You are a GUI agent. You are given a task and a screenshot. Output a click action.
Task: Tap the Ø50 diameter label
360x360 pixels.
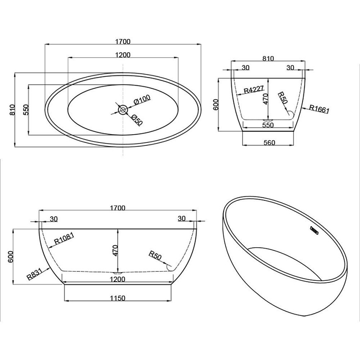(x=137, y=119)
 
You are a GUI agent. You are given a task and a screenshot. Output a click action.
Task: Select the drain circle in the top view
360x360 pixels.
(x=123, y=110)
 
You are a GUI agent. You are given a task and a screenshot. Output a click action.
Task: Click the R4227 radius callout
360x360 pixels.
(x=254, y=89)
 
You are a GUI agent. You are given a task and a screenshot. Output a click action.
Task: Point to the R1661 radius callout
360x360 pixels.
(x=319, y=109)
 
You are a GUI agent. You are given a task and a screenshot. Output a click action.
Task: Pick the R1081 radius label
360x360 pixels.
(x=64, y=238)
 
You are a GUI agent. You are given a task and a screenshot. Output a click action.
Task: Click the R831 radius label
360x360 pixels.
(x=34, y=274)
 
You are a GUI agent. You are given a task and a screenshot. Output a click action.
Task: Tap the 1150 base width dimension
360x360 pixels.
(x=118, y=298)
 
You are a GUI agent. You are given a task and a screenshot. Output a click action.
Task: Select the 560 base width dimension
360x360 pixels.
(x=269, y=143)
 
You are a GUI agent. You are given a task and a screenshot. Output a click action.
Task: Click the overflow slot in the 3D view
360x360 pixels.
(x=314, y=230)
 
